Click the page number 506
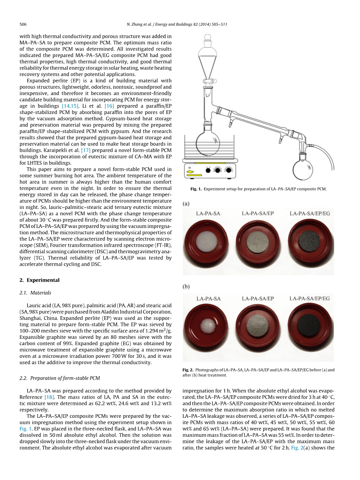(x=23, y=24)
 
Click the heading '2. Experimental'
(x=39, y=280)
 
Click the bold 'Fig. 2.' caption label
(x=188, y=370)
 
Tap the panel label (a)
(x=186, y=203)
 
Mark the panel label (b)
(x=186, y=286)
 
